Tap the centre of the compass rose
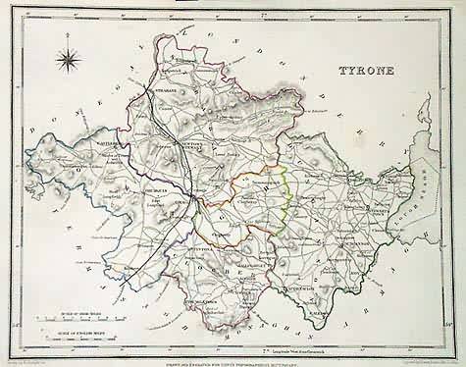[70, 66]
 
